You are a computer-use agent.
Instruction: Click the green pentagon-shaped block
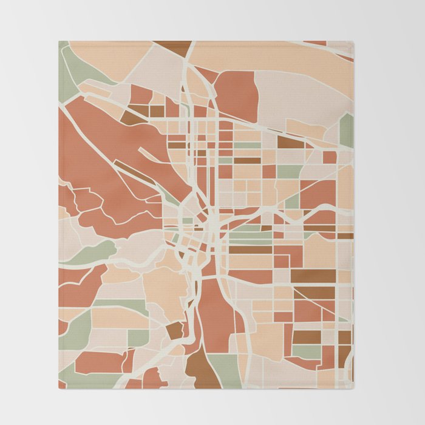pos(346,130)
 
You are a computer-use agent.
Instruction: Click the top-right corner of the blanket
pos(353,41)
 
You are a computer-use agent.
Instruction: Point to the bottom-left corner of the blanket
pos(59,389)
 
